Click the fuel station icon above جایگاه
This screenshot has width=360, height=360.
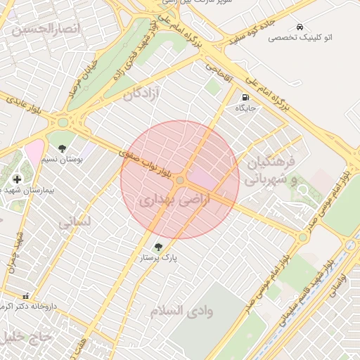[x=245, y=98]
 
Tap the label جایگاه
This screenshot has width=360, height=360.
[x=245, y=108]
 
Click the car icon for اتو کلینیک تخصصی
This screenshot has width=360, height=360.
[x=300, y=26]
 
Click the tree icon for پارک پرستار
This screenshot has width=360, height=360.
[x=158, y=246]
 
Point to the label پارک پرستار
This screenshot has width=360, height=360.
[x=158, y=258]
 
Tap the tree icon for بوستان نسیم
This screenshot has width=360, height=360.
[x=63, y=148]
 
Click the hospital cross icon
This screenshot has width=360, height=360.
[x=18, y=179]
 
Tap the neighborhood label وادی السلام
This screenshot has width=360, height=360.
[x=181, y=310]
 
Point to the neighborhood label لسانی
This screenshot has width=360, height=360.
[x=75, y=223]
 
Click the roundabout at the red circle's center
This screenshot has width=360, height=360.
[x=180, y=181]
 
